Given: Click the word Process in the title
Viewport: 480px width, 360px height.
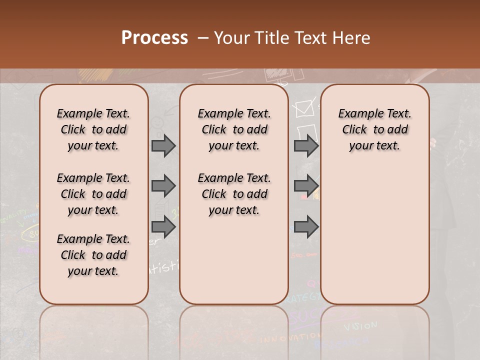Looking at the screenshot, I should coord(154,37).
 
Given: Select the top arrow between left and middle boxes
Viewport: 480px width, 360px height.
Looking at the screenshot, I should coord(163,145).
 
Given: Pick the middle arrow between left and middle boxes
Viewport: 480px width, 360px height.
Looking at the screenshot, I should coord(163,186).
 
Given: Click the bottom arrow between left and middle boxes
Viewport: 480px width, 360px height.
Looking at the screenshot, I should coord(163,226).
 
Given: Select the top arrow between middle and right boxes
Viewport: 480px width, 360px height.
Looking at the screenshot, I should coord(306,145).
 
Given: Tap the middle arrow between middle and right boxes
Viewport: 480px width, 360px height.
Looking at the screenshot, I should coord(306,186).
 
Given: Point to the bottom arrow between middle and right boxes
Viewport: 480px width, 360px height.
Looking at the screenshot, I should coord(306,226).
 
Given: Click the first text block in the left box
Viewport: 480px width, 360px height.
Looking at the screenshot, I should coord(93,129).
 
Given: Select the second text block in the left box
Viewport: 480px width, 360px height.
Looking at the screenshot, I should coord(93,194).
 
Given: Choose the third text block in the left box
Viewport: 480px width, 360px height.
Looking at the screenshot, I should coord(93,255).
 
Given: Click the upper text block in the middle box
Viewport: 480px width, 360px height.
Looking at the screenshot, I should coord(234,129).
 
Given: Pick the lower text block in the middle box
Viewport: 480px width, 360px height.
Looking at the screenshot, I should coord(234,194).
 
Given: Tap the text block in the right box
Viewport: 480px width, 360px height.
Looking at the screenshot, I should coord(374,129).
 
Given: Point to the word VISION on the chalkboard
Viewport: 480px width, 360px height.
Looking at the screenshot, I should coord(360,326).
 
